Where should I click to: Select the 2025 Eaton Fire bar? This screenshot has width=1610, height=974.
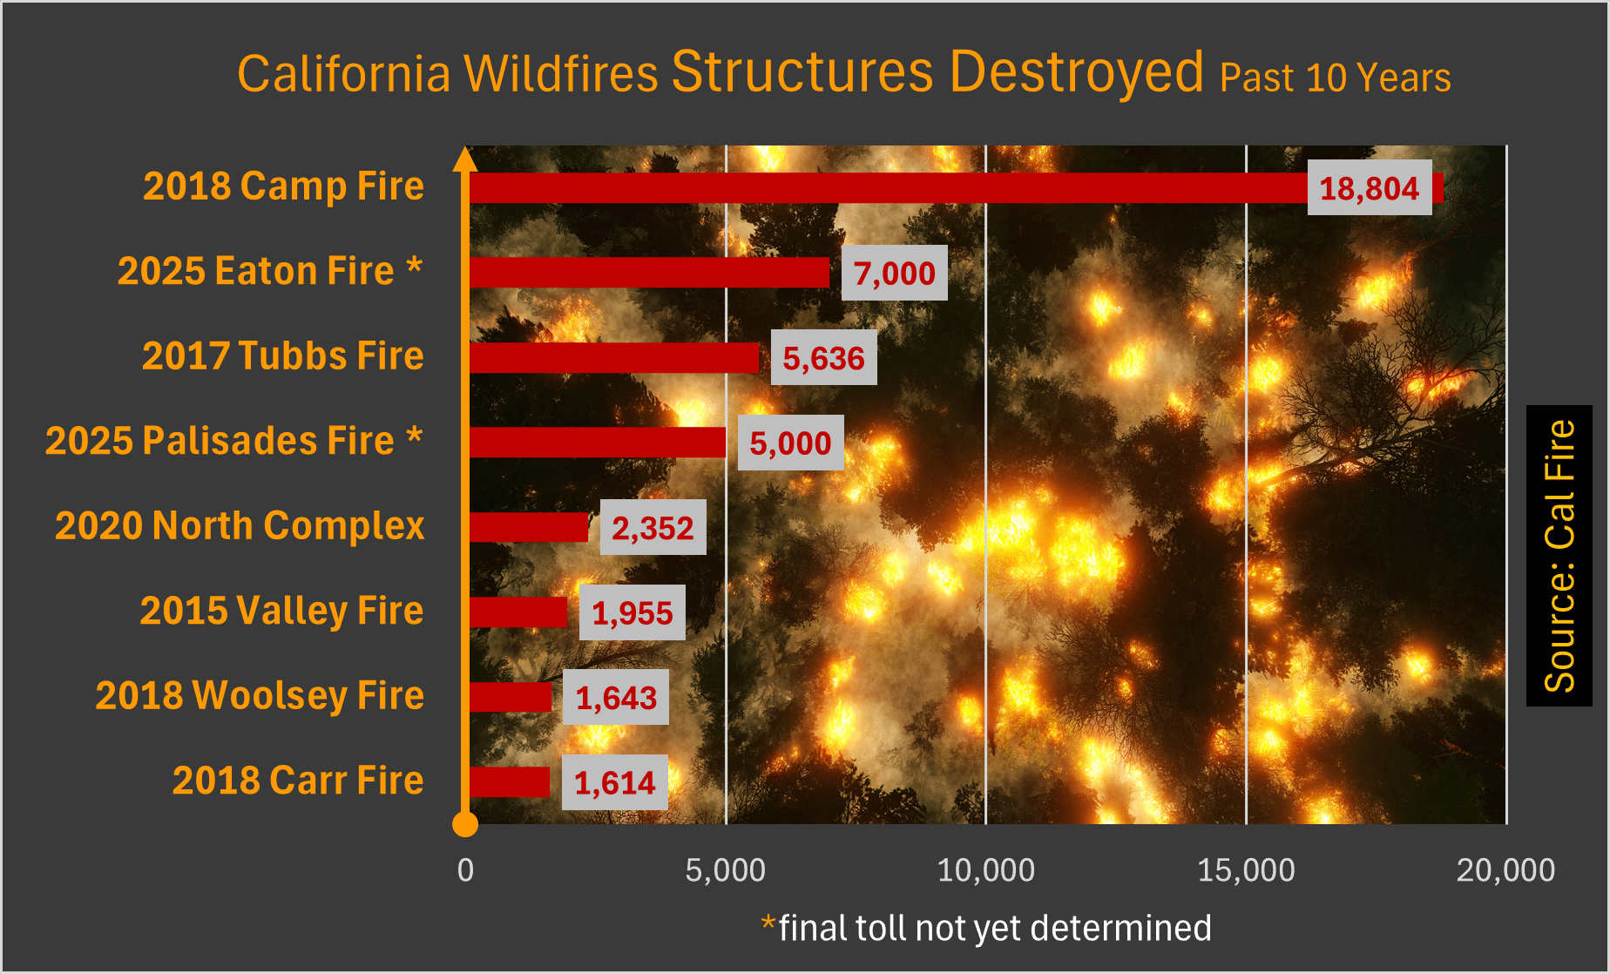(x=649, y=273)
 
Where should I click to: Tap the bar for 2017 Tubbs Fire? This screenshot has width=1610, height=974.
(x=614, y=357)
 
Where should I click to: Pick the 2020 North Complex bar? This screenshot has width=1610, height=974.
(x=529, y=527)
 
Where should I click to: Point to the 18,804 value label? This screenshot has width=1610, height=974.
(x=1369, y=188)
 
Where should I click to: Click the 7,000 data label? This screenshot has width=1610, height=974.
(x=894, y=274)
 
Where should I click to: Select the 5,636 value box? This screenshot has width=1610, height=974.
(x=823, y=358)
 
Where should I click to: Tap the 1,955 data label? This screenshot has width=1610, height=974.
(x=632, y=613)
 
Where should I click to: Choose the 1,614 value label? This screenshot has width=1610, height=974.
(x=614, y=783)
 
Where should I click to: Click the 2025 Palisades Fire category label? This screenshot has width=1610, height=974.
(x=234, y=441)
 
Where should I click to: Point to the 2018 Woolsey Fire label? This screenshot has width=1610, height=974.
(x=260, y=696)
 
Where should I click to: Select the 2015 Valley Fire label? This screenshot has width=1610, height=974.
(x=281, y=611)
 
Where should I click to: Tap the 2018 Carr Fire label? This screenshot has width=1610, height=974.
(x=298, y=781)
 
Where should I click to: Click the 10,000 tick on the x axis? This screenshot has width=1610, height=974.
(x=985, y=870)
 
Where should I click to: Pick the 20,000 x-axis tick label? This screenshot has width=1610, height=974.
(x=1505, y=870)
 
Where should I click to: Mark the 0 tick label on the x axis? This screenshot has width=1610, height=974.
(x=466, y=870)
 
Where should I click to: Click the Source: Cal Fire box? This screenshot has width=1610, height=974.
(x=1559, y=556)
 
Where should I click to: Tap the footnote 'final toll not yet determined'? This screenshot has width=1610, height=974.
(x=994, y=929)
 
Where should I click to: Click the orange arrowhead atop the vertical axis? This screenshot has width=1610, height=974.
(x=465, y=159)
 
